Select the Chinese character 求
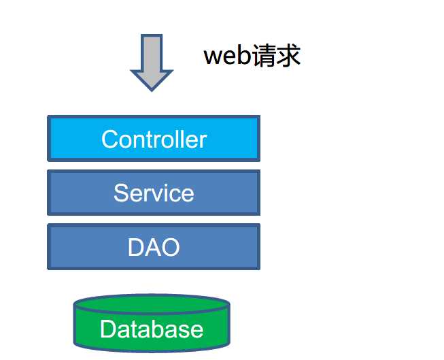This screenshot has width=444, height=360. [x=288, y=55]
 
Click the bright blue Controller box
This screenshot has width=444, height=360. [x=154, y=139]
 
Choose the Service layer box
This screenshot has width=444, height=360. [x=154, y=193]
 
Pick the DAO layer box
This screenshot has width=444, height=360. [x=154, y=246]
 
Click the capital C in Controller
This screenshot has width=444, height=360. [x=110, y=140]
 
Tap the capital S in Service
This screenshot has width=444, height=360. [x=122, y=193]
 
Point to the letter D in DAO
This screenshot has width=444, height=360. [x=136, y=247]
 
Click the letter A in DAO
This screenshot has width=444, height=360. [x=153, y=247]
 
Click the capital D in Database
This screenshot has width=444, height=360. [x=108, y=329]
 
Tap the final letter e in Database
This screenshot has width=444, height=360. [x=196, y=331]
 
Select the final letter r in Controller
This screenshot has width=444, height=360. [x=203, y=141]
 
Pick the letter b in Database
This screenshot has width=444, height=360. [x=153, y=329]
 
